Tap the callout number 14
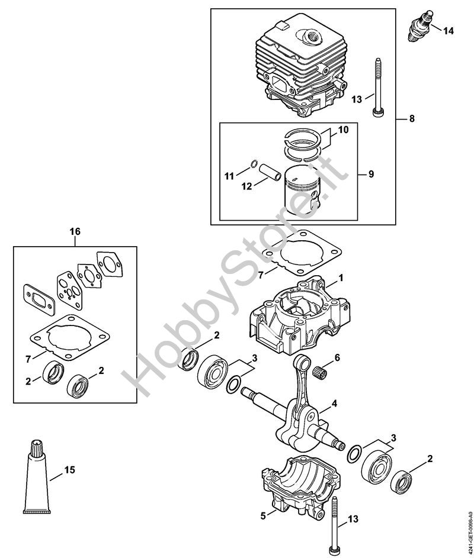pyautogui.click(x=449, y=30)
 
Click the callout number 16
pyautogui.click(x=75, y=231)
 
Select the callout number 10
pyautogui.click(x=344, y=129)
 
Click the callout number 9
pyautogui.click(x=371, y=174)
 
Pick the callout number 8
pyautogui.click(x=412, y=118)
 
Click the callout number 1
pyautogui.click(x=341, y=277)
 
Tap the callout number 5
pyautogui.click(x=263, y=515)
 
